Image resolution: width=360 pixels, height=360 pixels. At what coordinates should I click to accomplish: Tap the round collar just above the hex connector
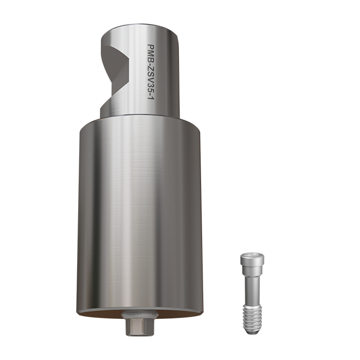tap(136, 315)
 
